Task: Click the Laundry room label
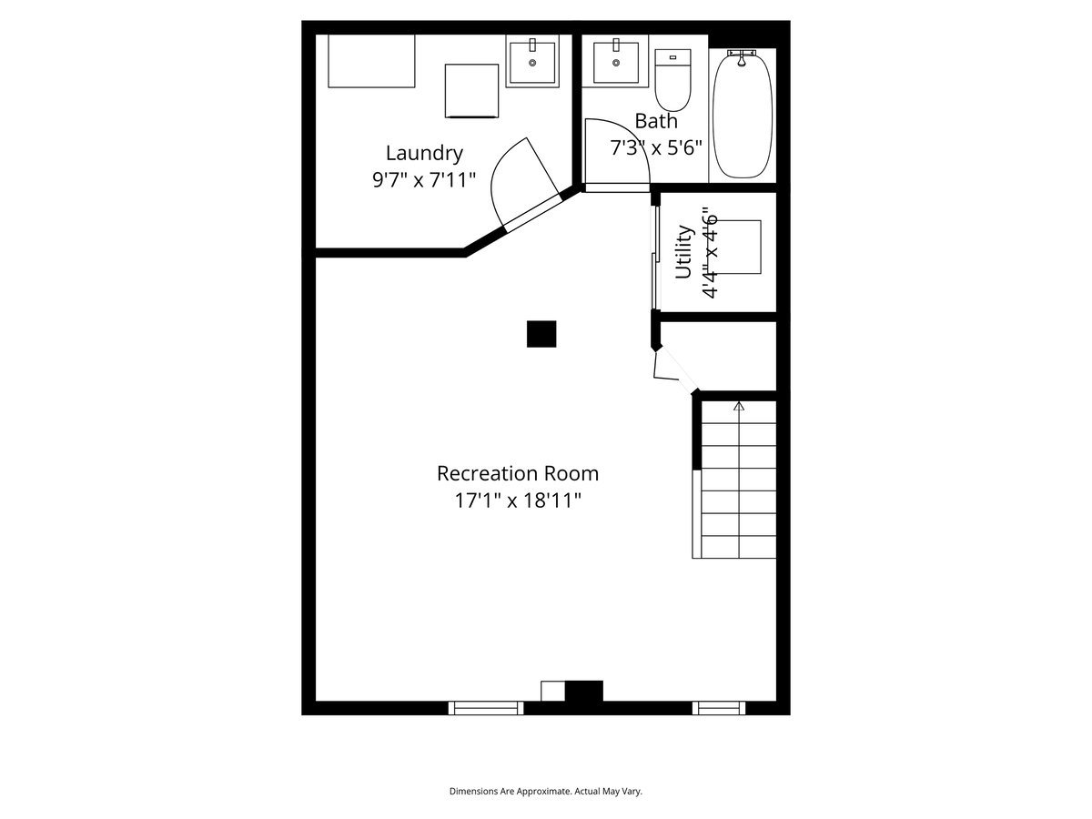tap(424, 153)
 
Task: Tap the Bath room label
tap(656, 121)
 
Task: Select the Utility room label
tap(683, 252)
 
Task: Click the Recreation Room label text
tap(518, 473)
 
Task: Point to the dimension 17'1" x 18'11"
tap(518, 500)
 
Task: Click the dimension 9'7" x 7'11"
tap(424, 179)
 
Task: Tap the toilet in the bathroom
tap(672, 79)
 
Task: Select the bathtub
tap(743, 115)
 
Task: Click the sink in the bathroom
tap(616, 61)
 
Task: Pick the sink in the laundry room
tap(532, 61)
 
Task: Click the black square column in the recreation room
tap(541, 334)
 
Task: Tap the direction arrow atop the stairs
tap(739, 406)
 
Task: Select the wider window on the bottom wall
tap(486, 708)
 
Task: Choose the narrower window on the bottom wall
tap(719, 708)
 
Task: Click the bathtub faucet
tap(742, 57)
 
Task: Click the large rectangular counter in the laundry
tap(371, 61)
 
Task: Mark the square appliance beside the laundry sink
tap(471, 91)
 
